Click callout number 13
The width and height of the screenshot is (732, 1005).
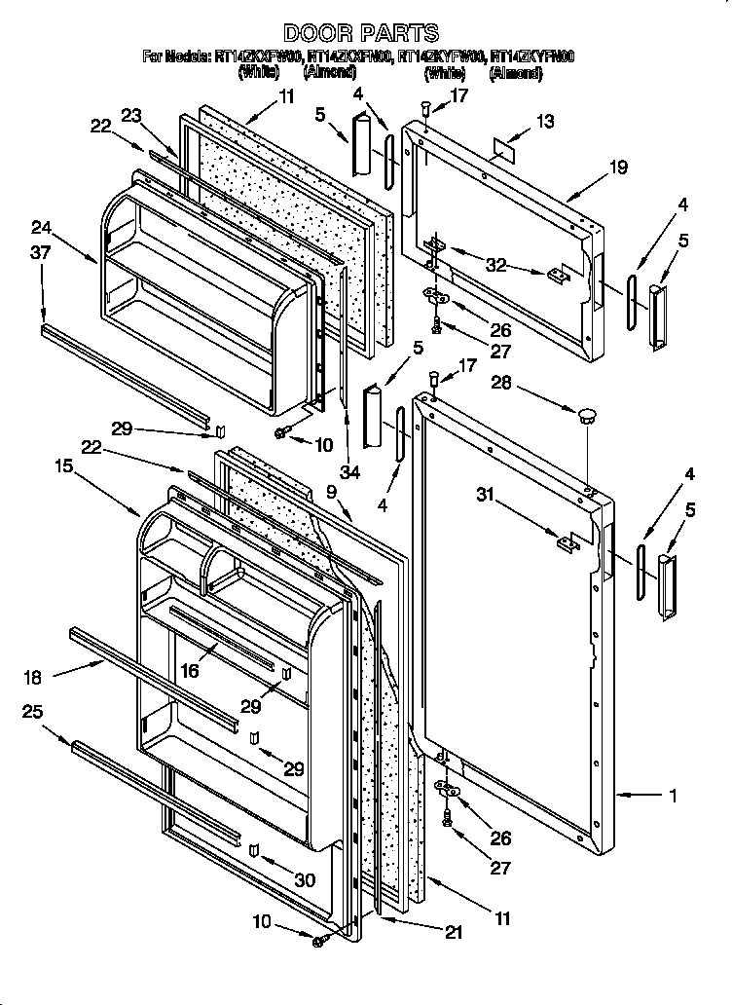544,121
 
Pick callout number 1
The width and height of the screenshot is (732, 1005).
672,796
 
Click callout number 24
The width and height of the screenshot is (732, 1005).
41,229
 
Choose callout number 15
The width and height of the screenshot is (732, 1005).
65,466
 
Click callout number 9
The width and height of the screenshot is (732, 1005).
331,493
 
